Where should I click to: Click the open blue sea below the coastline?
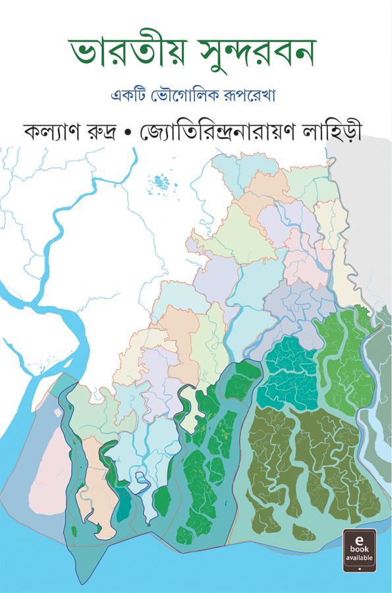(x=198, y=567)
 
